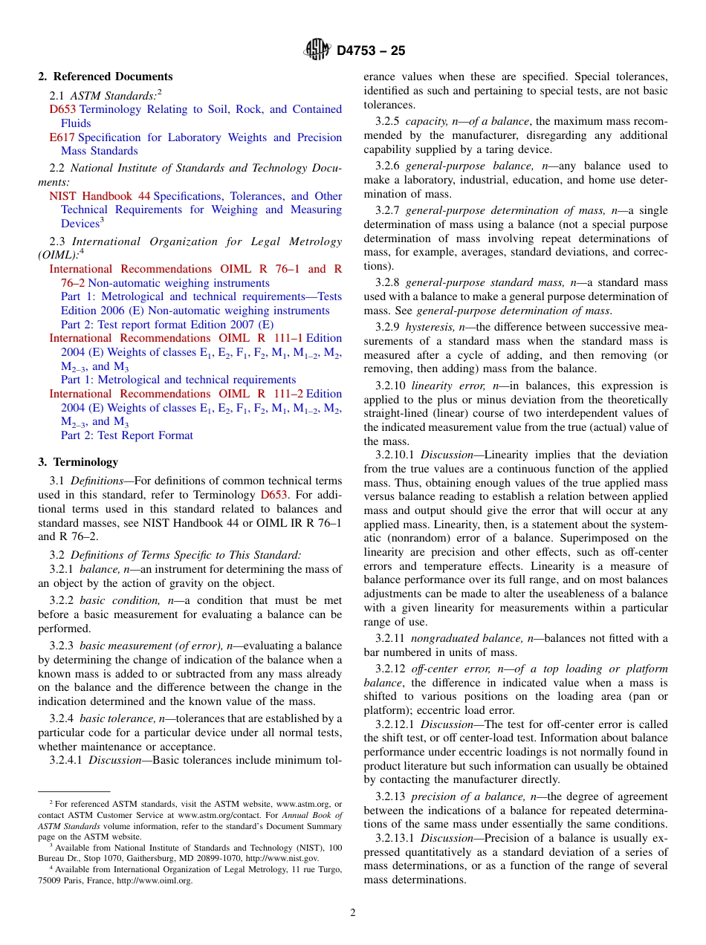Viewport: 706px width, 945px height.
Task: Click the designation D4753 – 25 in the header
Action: pyautogui.click(x=371, y=51)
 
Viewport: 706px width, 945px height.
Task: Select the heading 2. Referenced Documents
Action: pyautogui.click(x=106, y=77)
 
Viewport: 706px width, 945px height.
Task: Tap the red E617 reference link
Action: pyautogui.click(x=62, y=137)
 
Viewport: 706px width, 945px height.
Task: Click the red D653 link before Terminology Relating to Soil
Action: pyautogui.click(x=62, y=109)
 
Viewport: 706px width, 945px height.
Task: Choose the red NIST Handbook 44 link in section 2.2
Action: pyautogui.click(x=100, y=196)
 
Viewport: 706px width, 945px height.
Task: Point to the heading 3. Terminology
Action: pyautogui.click(x=78, y=462)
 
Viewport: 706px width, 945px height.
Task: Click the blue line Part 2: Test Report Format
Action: pyautogui.click(x=126, y=435)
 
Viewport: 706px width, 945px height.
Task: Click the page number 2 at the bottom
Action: pyautogui.click(x=353, y=913)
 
